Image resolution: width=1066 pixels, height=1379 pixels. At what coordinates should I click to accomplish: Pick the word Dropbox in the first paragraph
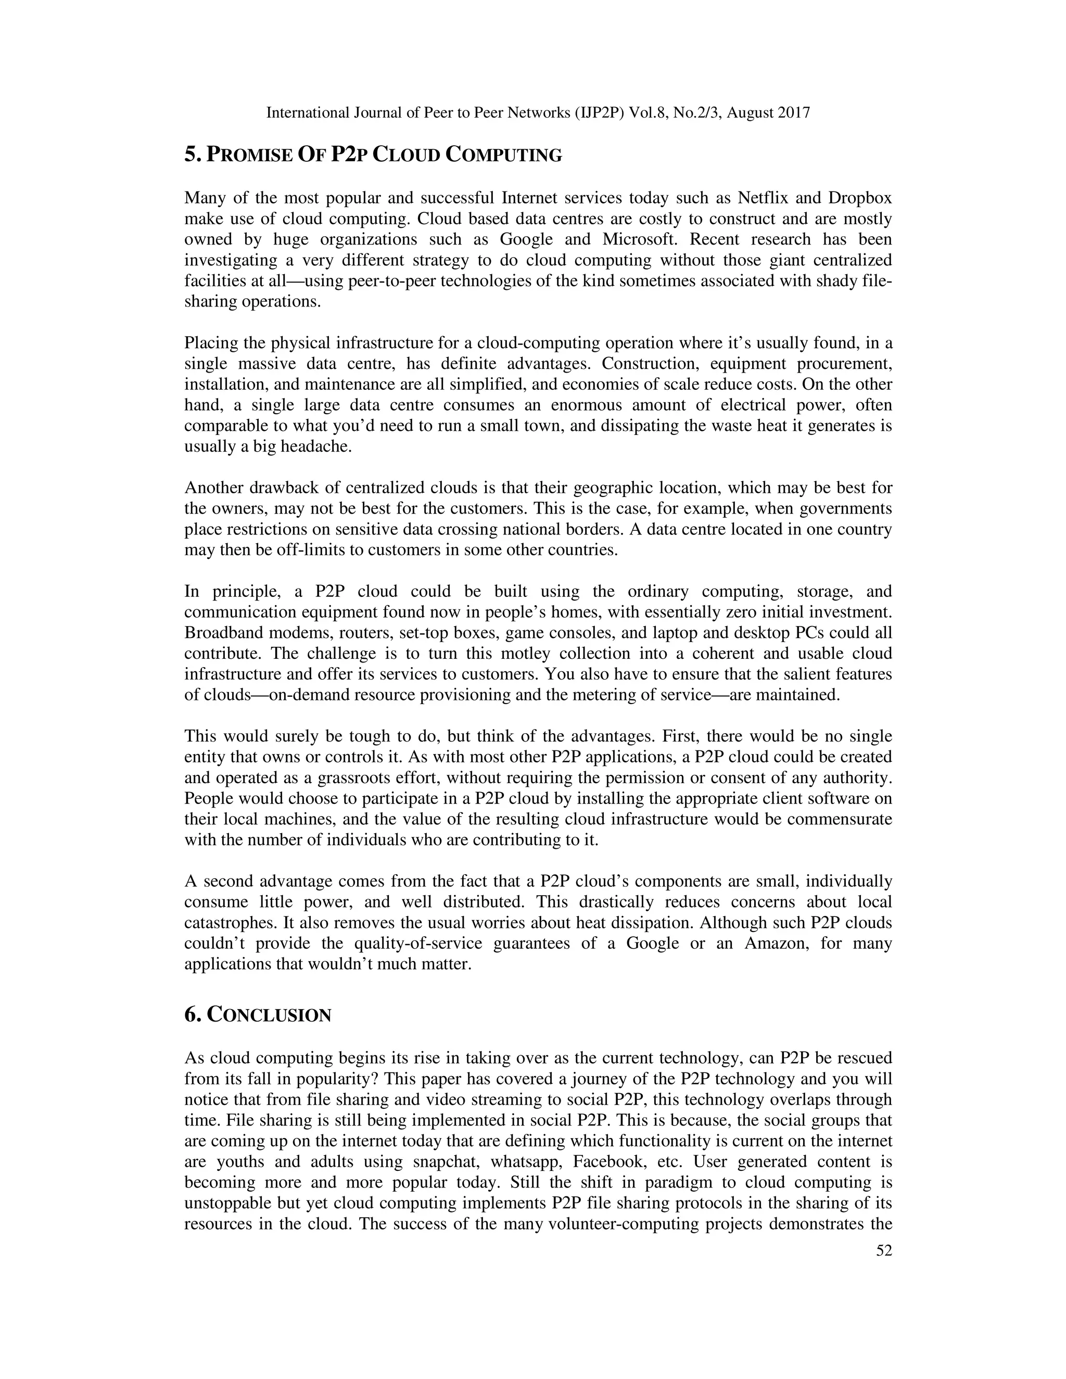[860, 198]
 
